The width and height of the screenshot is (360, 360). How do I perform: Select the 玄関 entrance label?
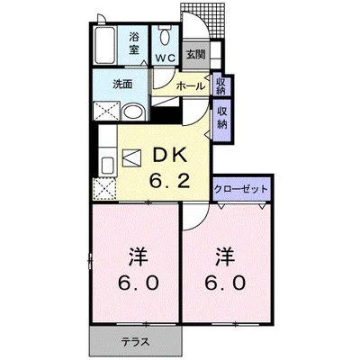pos(195,54)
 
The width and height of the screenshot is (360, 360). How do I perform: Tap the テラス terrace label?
pos(136,341)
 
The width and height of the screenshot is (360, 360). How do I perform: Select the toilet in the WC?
pos(166,36)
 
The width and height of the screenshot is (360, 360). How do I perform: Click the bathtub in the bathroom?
pos(106,46)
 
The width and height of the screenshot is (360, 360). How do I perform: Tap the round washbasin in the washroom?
pos(132,112)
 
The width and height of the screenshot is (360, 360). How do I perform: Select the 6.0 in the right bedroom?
pos(227,281)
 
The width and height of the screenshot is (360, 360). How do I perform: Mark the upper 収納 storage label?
pos(221,85)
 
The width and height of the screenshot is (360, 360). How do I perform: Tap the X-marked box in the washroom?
pos(106,112)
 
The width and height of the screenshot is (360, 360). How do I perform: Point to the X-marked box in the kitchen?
pos(105,189)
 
